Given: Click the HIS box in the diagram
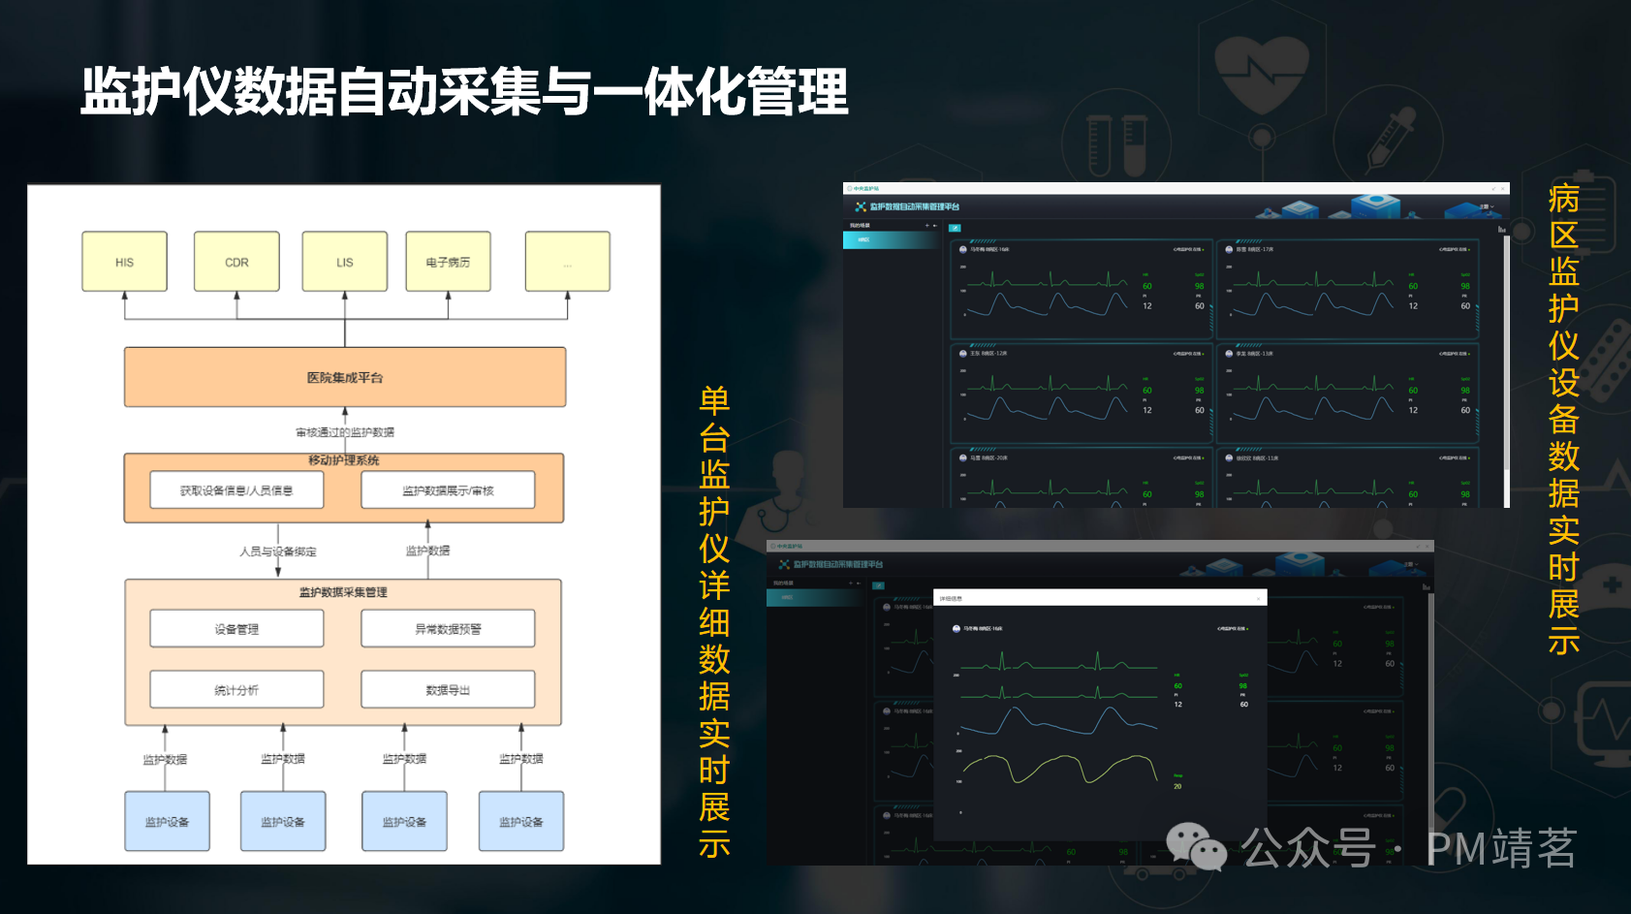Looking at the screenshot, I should [x=124, y=262].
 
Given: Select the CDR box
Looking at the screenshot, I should [x=236, y=262].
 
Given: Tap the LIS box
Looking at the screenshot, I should [x=345, y=262].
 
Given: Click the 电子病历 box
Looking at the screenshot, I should [x=448, y=262].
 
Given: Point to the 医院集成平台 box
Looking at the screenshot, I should [x=345, y=377].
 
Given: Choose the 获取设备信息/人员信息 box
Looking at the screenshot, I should [x=236, y=490].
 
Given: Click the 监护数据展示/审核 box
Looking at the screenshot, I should [x=448, y=490].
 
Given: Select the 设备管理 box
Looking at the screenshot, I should [x=236, y=629].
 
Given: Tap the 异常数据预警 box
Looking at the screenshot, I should [x=448, y=629].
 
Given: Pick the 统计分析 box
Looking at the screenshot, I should [x=236, y=690].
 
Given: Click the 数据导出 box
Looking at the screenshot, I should [x=448, y=690].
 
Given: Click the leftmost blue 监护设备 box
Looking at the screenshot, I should [x=167, y=822].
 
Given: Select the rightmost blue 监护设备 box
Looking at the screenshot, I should [x=521, y=822].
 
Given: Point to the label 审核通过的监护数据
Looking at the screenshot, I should [x=345, y=432].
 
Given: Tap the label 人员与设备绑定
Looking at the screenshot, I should [x=278, y=552].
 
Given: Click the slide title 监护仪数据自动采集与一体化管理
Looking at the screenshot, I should [x=464, y=92].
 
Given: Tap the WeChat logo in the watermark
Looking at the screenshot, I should [x=1196, y=846].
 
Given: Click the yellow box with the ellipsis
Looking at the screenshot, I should [x=567, y=262].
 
